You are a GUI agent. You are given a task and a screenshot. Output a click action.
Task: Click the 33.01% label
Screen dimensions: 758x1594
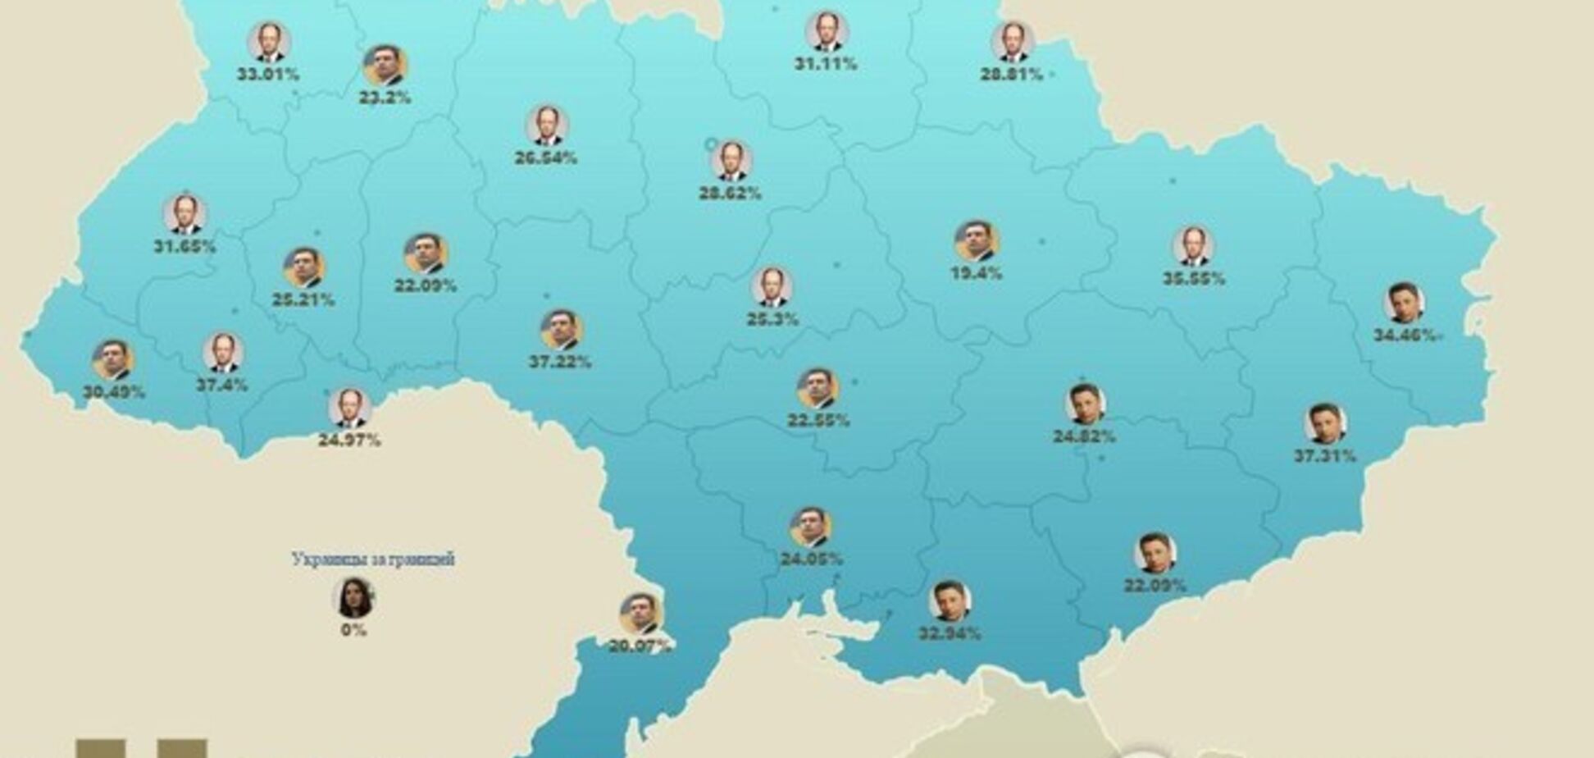click(x=268, y=75)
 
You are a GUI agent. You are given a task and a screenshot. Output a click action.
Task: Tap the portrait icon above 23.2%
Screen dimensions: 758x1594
click(x=385, y=66)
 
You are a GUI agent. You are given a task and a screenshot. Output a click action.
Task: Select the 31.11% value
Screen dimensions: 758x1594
click(x=826, y=64)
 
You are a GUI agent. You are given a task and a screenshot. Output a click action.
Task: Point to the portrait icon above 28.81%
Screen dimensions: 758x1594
click(x=1013, y=42)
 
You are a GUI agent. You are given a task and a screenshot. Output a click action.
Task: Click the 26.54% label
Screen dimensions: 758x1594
click(x=546, y=158)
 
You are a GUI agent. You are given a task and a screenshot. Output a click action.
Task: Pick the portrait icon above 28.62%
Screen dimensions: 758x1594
click(x=731, y=161)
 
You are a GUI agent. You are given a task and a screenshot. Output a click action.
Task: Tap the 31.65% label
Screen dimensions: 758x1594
click(x=184, y=246)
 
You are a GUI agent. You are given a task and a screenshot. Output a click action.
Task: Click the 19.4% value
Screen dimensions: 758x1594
click(x=976, y=274)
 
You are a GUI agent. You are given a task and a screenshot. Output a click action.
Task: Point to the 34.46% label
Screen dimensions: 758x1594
click(x=1405, y=335)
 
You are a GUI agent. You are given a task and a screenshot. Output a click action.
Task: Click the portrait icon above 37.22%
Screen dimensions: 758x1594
click(x=561, y=330)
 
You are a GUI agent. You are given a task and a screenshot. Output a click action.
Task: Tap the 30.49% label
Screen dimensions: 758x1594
click(x=114, y=392)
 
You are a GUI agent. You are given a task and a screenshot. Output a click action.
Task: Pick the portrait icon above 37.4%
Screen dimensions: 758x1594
click(x=222, y=353)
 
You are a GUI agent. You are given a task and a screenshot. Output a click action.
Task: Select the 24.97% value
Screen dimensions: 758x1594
click(x=349, y=441)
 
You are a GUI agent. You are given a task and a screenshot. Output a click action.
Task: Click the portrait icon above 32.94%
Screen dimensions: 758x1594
click(x=950, y=601)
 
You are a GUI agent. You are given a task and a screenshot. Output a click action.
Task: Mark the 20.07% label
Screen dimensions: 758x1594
click(x=640, y=646)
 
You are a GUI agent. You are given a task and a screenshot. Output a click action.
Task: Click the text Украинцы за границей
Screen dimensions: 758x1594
click(x=372, y=559)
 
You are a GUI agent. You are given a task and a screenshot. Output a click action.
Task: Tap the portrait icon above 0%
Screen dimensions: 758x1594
click(x=353, y=598)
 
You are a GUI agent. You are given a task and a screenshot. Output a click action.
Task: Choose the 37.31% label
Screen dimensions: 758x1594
click(x=1325, y=456)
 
